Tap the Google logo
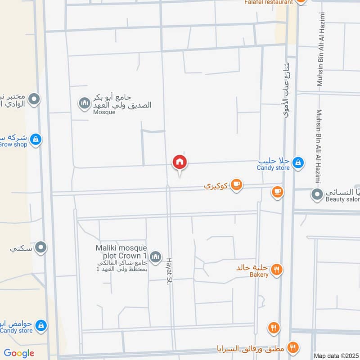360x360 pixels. (x=19, y=353)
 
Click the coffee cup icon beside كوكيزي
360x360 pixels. (x=237, y=184)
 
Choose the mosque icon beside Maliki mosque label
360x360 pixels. (x=155, y=257)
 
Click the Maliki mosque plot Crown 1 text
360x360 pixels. (x=121, y=252)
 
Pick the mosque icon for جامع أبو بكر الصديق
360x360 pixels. (x=84, y=104)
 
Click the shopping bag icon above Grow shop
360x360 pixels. (x=36, y=139)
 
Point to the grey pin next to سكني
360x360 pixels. (x=41, y=247)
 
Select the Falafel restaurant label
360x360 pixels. (x=269, y=2)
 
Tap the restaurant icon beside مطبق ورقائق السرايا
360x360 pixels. (x=293, y=347)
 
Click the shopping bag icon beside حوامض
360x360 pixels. (x=41, y=325)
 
